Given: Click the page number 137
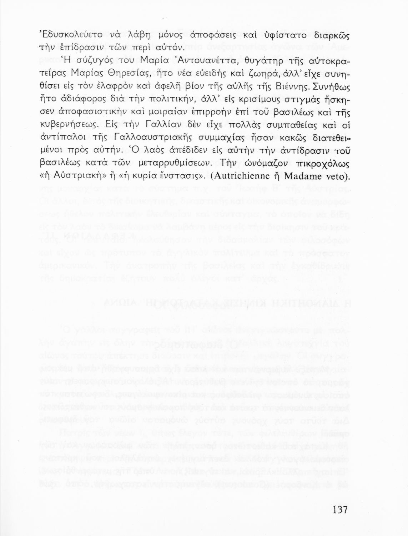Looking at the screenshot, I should coord(339,510).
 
